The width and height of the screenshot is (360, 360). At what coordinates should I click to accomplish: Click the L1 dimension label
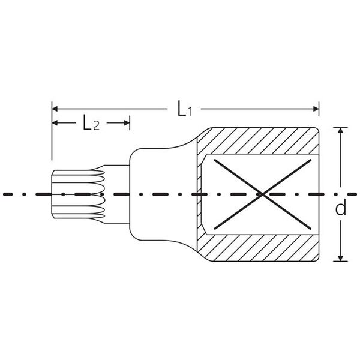tap(185, 109)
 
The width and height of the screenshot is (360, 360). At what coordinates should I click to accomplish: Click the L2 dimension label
tap(91, 123)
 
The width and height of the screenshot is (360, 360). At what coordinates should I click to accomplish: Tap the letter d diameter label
tap(340, 208)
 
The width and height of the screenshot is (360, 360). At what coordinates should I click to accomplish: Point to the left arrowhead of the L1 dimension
tap(55, 109)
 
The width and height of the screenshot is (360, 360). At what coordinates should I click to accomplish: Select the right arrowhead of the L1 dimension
tap(316, 109)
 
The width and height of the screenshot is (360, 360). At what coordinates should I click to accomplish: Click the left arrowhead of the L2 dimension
tap(55, 123)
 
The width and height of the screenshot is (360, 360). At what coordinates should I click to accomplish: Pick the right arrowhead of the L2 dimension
tap(127, 123)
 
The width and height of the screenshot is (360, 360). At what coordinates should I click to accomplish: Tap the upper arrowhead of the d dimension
tap(341, 130)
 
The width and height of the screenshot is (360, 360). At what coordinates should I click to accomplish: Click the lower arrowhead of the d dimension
tap(341, 258)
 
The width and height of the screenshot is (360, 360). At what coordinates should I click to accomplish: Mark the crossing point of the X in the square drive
tap(262, 194)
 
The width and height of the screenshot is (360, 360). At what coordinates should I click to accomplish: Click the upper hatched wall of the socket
tap(258, 140)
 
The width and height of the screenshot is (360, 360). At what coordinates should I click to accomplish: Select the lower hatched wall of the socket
tap(258, 248)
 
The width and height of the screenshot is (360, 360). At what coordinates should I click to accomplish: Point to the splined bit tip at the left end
tap(78, 194)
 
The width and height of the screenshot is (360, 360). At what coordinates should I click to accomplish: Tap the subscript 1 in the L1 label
tap(189, 112)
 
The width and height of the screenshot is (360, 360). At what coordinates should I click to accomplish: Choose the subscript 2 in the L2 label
tap(97, 126)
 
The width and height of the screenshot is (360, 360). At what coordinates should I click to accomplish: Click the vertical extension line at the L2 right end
tap(130, 123)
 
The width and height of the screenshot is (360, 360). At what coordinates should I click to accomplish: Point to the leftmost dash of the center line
tap(8, 194)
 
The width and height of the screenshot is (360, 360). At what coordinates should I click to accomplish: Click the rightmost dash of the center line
tap(353, 194)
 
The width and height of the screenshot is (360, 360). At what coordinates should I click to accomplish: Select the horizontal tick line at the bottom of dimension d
tap(340, 261)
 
